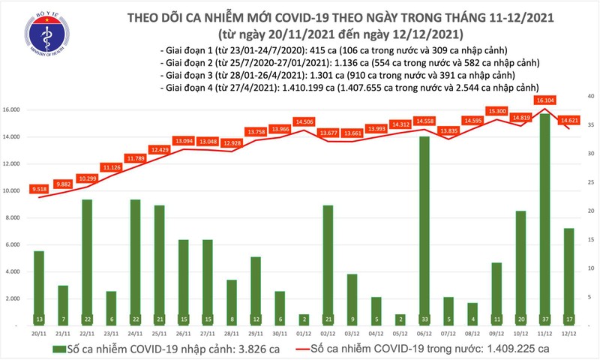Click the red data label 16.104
pyautogui.click(x=544, y=100)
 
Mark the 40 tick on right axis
pyautogui.click(x=590, y=96)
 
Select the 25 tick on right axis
pyautogui.click(x=590, y=182)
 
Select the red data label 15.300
pyautogui.click(x=496, y=111)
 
